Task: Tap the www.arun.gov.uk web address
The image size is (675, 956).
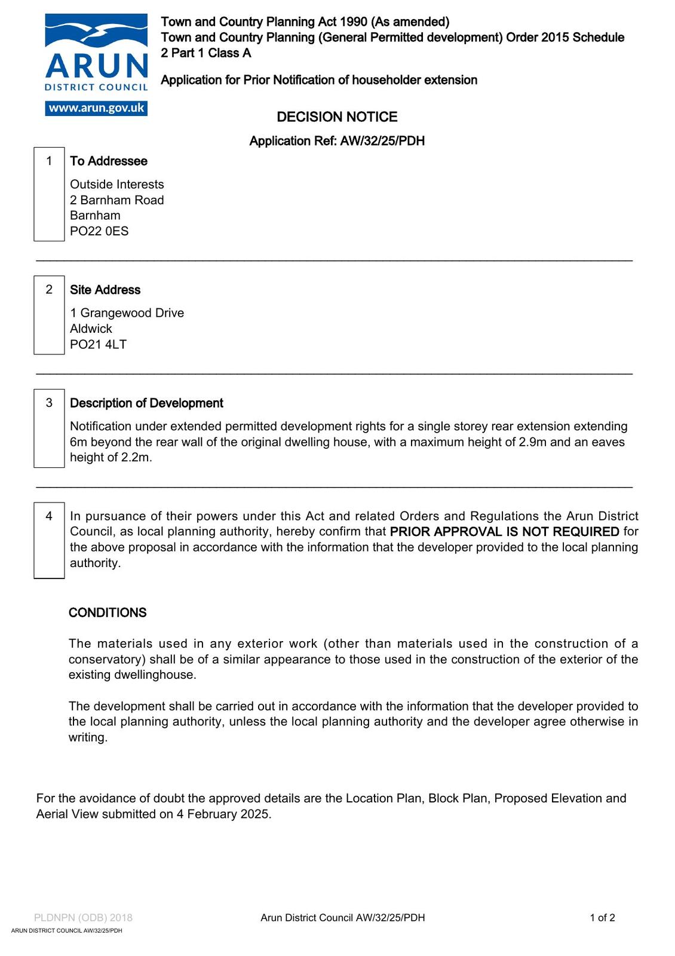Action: [x=96, y=108]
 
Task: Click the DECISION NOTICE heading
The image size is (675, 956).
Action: [x=337, y=117]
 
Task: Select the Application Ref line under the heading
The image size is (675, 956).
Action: [x=337, y=141]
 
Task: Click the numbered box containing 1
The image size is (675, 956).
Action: [x=49, y=194]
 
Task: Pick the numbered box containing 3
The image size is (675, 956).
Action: [x=49, y=428]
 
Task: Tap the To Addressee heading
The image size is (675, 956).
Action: [x=109, y=161]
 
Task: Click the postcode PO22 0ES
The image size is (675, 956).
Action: [x=99, y=231]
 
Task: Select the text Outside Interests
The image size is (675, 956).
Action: [x=117, y=185]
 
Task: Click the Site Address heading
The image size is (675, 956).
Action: [x=105, y=290]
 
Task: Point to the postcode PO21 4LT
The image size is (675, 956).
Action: [x=98, y=344]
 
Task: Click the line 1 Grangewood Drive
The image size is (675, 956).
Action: [x=127, y=313]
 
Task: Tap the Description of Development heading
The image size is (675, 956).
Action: [x=146, y=403]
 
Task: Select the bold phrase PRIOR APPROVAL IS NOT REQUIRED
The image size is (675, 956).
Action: [x=504, y=532]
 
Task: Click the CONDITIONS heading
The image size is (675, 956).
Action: [x=108, y=613]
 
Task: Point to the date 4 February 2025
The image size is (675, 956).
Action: [x=223, y=814]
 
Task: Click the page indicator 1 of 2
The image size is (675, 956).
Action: [x=602, y=918]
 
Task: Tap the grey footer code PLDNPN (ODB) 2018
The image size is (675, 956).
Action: [x=83, y=918]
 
